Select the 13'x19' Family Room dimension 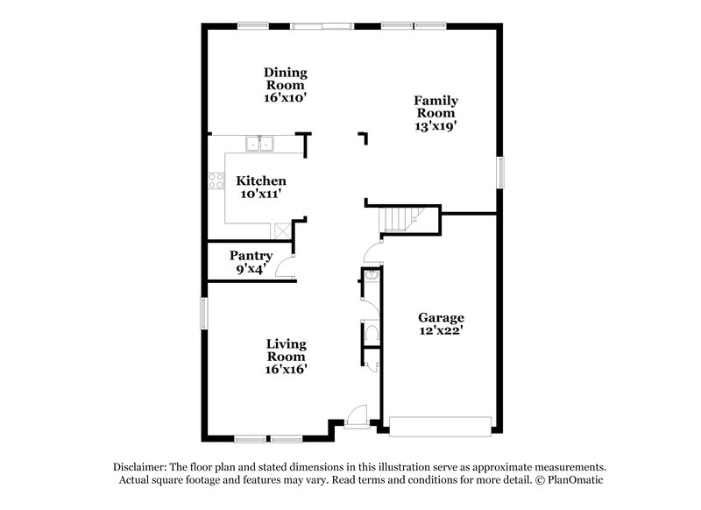pyautogui.click(x=435, y=126)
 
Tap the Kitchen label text pyautogui.click(x=260, y=181)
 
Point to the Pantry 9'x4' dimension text pyautogui.click(x=251, y=269)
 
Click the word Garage pyautogui.click(x=440, y=317)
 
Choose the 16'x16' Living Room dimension pyautogui.click(x=286, y=369)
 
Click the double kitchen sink pyautogui.click(x=260, y=142)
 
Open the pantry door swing pyautogui.click(x=285, y=269)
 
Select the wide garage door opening pyautogui.click(x=441, y=427)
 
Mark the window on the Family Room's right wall pyautogui.click(x=501, y=172)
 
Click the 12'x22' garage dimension pyautogui.click(x=440, y=331)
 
